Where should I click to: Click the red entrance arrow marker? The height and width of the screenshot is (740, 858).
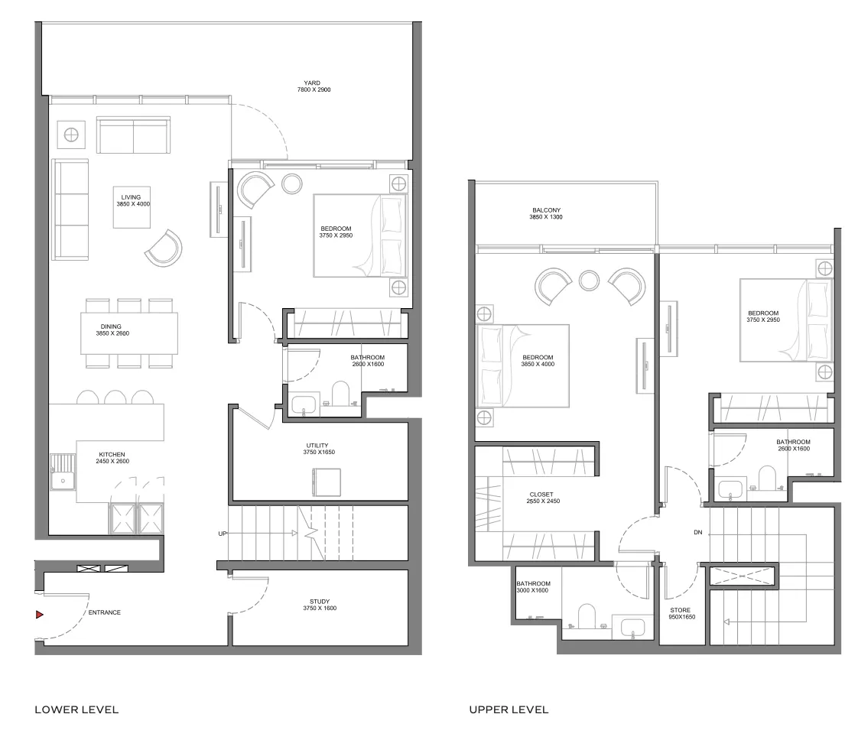tap(40, 615)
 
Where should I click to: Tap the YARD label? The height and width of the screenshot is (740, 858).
tap(313, 83)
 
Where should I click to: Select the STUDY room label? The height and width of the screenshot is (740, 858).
tap(320, 602)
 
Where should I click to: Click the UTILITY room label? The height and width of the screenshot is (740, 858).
tap(317, 446)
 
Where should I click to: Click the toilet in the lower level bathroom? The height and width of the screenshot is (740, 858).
tap(340, 393)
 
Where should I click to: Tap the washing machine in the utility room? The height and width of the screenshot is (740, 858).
tap(326, 482)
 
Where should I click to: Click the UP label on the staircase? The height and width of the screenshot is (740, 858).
tap(223, 534)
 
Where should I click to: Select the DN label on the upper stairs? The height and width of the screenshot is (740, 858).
tap(697, 532)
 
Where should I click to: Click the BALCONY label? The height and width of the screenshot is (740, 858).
tap(546, 210)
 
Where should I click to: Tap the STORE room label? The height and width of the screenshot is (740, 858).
tap(680, 610)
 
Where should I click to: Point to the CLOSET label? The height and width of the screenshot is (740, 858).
tap(541, 495)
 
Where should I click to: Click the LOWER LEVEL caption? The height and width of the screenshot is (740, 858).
tap(76, 710)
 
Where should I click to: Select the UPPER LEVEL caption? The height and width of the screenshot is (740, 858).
tap(509, 710)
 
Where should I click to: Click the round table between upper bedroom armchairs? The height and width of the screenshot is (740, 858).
tap(590, 281)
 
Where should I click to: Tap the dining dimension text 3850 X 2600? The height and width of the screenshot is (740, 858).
tap(112, 333)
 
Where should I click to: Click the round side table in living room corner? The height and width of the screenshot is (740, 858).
tap(71, 135)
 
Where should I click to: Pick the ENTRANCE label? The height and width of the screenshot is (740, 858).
tap(105, 612)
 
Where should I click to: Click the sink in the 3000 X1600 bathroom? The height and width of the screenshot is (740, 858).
tap(632, 627)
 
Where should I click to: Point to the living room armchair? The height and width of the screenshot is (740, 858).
tap(164, 249)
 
